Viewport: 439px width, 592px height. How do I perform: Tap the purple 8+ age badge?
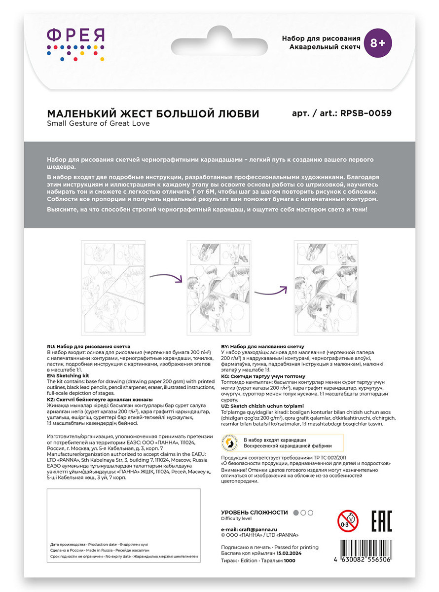[x=377, y=43]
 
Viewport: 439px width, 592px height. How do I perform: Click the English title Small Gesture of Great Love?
[x=98, y=123]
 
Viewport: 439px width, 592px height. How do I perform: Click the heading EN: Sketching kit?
[x=68, y=375]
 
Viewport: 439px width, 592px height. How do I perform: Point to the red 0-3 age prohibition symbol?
[x=348, y=521]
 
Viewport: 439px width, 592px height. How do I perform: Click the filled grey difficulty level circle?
[x=296, y=513]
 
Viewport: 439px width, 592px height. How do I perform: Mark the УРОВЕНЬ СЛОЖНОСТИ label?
[x=254, y=513]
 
